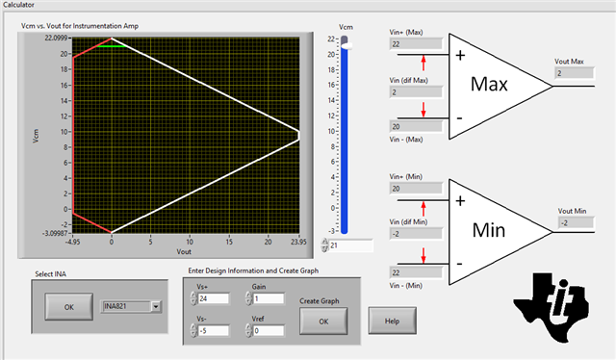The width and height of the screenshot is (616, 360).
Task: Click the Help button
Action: click(x=392, y=321)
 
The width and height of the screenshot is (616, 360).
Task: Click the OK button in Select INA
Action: click(x=68, y=306)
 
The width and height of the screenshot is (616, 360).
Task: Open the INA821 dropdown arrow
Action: click(x=156, y=306)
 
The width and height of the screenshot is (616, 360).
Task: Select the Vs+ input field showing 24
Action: click(x=214, y=298)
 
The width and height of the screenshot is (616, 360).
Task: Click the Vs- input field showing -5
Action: click(x=214, y=331)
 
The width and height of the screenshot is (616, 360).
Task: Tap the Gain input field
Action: click(x=269, y=298)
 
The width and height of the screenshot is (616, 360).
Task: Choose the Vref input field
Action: click(x=269, y=331)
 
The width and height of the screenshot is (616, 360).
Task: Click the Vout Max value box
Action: click(x=575, y=73)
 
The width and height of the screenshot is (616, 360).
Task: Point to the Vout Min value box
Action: click(x=576, y=223)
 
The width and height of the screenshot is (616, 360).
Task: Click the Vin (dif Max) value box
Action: click(x=416, y=92)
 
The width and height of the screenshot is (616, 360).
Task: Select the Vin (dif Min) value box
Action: click(x=416, y=234)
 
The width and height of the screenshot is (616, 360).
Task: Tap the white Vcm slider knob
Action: click(x=346, y=46)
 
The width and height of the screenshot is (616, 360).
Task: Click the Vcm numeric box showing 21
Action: click(x=350, y=245)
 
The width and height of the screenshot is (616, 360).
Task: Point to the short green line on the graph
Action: click(x=112, y=46)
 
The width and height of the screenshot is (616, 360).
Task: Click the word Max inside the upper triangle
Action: click(x=489, y=84)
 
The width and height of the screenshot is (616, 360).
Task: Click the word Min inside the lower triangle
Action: click(x=489, y=230)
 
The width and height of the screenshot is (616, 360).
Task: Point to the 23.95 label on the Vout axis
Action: click(x=298, y=242)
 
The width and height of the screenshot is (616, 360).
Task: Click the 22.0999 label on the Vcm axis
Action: click(x=56, y=39)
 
